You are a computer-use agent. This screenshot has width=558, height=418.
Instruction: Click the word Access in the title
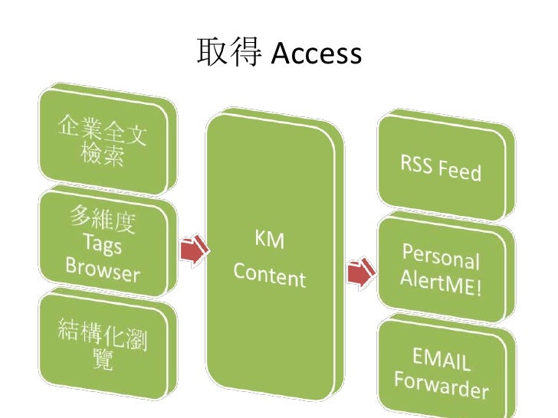point(316,54)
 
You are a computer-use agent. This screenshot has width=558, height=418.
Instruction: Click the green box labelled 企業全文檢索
point(107,141)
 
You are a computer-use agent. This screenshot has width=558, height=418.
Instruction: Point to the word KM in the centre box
point(269,242)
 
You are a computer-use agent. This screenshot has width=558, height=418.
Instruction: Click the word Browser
point(102,269)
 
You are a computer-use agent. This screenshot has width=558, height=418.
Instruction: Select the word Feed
point(461,169)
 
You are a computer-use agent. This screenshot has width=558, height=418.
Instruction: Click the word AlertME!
point(440,286)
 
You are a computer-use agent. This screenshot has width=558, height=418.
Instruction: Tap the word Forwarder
point(441,384)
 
